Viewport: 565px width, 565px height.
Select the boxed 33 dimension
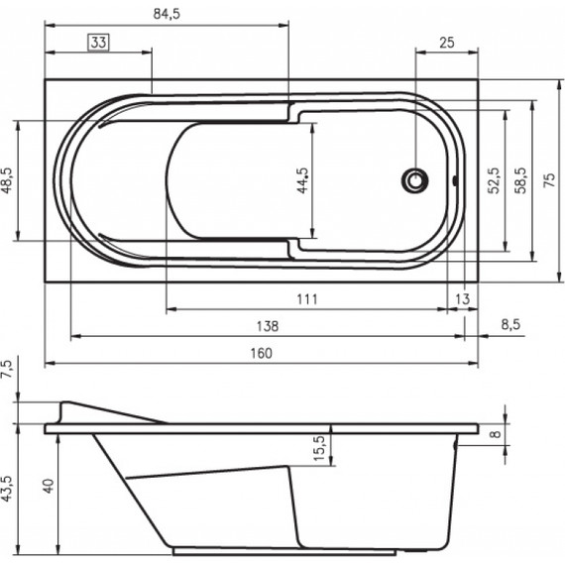(98, 42)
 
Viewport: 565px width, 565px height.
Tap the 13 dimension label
(462, 298)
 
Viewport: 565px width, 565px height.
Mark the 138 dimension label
(268, 325)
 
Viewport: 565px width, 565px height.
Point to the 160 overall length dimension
(260, 353)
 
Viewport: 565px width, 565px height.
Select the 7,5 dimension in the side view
(8, 372)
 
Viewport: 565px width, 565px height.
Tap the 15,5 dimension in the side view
(319, 445)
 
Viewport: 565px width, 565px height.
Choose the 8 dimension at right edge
(495, 433)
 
